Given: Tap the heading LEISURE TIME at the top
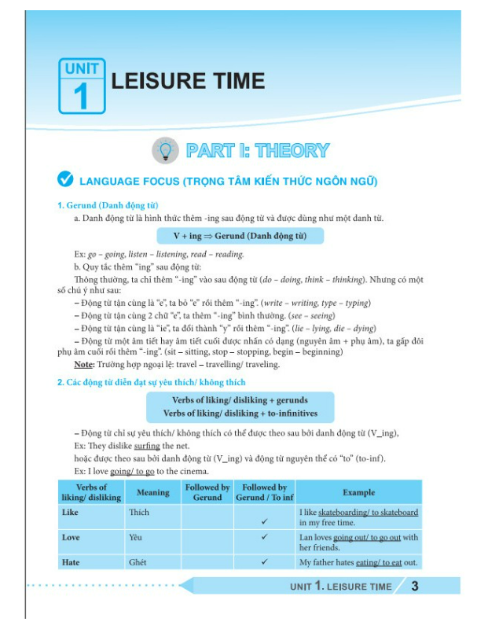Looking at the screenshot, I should (189, 81).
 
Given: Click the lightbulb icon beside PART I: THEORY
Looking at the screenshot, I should (165, 150).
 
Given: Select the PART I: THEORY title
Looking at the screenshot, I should (257, 150).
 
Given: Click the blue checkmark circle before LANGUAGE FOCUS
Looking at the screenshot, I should (66, 181).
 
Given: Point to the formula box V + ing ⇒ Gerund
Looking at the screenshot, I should (240, 236).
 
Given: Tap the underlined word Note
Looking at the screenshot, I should (83, 365).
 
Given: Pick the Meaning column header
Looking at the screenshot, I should (153, 492).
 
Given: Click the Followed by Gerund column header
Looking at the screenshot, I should (207, 492).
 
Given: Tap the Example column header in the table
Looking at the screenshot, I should (358, 492).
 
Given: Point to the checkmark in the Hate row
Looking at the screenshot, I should (265, 562).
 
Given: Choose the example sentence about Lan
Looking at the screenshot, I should (358, 542).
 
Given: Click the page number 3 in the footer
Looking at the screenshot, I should (415, 586).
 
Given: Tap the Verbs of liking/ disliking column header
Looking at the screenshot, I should (91, 492).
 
